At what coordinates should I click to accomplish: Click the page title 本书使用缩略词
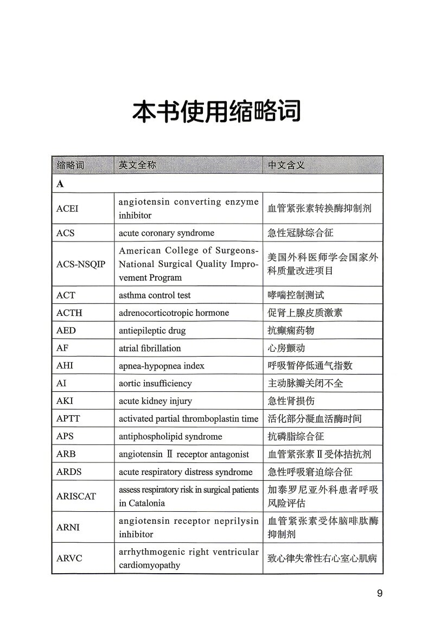coord(217,112)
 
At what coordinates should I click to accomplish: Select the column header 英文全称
coord(137,165)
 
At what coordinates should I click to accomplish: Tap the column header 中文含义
coord(286,165)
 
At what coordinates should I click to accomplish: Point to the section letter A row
coord(60,183)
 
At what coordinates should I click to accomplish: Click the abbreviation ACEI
coord(67,208)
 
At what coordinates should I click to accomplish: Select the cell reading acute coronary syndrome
coord(167,233)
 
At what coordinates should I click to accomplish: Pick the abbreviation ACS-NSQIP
coord(81,264)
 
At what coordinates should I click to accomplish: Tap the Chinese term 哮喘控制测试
coord(296,295)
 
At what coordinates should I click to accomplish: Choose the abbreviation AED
coord(66,331)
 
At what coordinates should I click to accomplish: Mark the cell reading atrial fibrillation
coord(150,348)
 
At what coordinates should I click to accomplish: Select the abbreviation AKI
coord(65,401)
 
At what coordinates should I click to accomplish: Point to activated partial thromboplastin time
coord(188,418)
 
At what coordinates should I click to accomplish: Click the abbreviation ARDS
coord(69,472)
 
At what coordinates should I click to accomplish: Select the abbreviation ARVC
coord(69,558)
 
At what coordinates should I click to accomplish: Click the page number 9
coord(380,593)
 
